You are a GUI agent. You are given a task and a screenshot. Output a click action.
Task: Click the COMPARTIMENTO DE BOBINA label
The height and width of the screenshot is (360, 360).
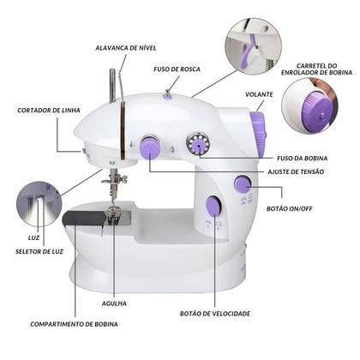tap(75, 324)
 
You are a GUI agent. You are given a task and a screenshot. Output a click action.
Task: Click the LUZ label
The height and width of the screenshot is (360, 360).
tap(20, 237)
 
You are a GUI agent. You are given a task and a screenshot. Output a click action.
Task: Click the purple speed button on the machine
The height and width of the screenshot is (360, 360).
tap(212, 206)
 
